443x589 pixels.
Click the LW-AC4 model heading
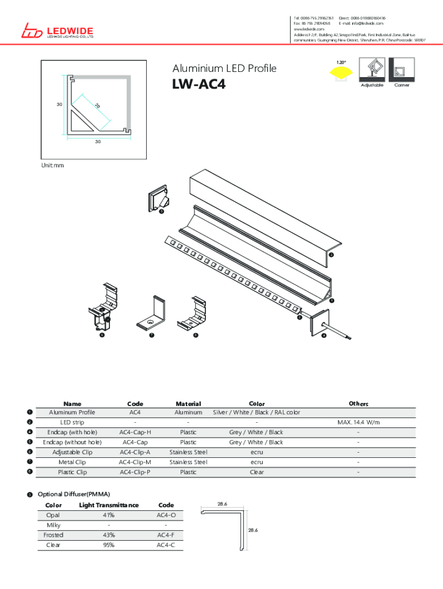(x=198, y=85)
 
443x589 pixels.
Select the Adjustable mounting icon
(x=371, y=70)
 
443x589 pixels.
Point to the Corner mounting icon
(x=402, y=70)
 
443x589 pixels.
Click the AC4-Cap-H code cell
(x=135, y=433)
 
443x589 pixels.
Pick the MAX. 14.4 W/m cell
(x=358, y=423)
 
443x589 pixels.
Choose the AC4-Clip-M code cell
(x=135, y=462)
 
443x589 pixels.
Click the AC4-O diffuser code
(x=166, y=515)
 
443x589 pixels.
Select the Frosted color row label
(x=54, y=536)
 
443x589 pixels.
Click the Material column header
(x=188, y=404)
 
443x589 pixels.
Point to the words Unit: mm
(x=52, y=166)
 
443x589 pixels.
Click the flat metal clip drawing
(x=151, y=313)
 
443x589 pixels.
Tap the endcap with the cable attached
(x=320, y=324)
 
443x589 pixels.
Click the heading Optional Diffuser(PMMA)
(x=74, y=495)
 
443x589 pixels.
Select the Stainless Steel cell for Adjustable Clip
(x=188, y=452)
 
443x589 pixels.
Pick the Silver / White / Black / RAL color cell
(x=257, y=412)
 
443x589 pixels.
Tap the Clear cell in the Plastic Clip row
(x=257, y=472)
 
